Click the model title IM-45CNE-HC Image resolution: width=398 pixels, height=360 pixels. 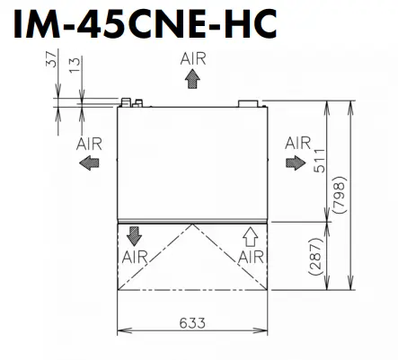pyautogui.click(x=145, y=24)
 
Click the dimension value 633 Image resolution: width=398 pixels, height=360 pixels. pyautogui.click(x=192, y=322)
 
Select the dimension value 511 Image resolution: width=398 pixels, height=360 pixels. pyautogui.click(x=319, y=161)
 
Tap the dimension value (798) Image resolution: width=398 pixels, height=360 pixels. pyautogui.click(x=340, y=195)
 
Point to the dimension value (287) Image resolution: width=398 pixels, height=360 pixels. pyautogui.click(x=315, y=257)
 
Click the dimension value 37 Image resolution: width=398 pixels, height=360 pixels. pyautogui.click(x=51, y=59)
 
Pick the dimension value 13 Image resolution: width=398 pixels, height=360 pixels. pyautogui.click(x=75, y=66)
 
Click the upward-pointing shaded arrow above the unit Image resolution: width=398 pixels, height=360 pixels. pyautogui.click(x=192, y=78)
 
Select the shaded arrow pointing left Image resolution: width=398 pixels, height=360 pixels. pyautogui.click(x=89, y=163)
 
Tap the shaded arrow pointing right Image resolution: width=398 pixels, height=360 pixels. pyautogui.click(x=296, y=163)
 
